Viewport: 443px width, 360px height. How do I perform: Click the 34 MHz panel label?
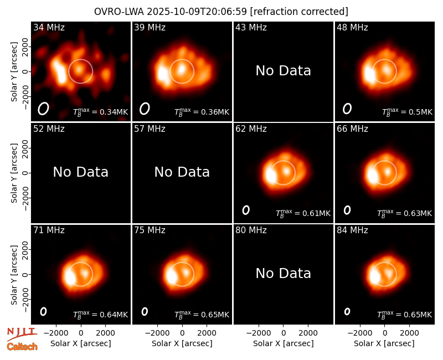tap(49, 27)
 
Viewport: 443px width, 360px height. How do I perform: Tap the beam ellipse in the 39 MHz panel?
tap(145, 109)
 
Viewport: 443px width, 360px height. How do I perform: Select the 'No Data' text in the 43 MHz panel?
tap(284, 71)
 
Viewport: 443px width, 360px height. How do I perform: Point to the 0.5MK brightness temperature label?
tap(408, 112)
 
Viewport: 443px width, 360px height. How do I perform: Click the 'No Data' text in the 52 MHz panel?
tap(80, 172)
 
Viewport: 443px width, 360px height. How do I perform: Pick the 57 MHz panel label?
tap(150, 129)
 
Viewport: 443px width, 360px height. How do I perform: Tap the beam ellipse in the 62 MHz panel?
tap(246, 210)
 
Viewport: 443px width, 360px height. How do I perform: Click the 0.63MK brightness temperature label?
tap(405, 213)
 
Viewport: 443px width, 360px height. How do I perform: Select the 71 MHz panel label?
tap(49, 230)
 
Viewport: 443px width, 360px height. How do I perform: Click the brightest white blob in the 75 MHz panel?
tap(171, 276)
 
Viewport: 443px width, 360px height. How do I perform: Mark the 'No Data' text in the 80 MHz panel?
tap(284, 273)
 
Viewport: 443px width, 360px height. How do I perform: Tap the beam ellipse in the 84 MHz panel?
tap(347, 311)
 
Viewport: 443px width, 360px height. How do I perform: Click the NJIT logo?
tap(22, 333)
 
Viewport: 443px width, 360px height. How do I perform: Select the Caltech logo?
tap(22, 347)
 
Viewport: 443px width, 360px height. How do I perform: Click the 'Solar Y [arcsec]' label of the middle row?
tap(14, 173)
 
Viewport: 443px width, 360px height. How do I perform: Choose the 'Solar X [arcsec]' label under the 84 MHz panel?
tap(384, 343)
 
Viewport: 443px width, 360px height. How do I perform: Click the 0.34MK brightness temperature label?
tap(101, 112)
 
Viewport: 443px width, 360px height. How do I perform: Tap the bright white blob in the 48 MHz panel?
tap(369, 74)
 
